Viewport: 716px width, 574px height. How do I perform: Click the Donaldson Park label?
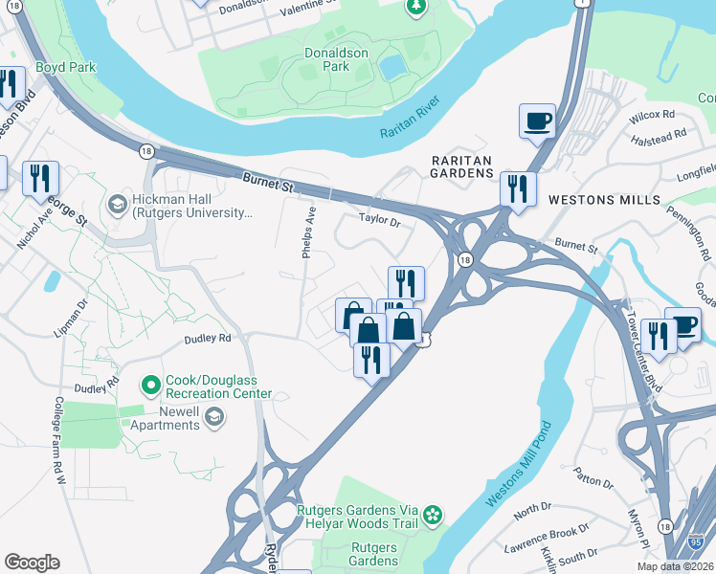(x=336, y=60)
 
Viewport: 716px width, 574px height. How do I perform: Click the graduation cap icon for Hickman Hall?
(x=117, y=204)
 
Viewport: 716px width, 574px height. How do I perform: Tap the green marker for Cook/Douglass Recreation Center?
(x=150, y=386)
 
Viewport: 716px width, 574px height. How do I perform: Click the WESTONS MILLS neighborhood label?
(x=604, y=199)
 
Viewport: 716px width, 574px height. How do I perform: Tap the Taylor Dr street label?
(x=378, y=219)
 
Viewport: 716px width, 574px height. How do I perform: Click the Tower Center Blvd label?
(x=643, y=341)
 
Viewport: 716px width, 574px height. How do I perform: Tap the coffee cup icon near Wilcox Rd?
(x=537, y=121)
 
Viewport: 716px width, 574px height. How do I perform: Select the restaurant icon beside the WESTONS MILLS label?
(x=518, y=188)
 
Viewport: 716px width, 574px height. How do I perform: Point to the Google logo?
(x=32, y=563)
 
